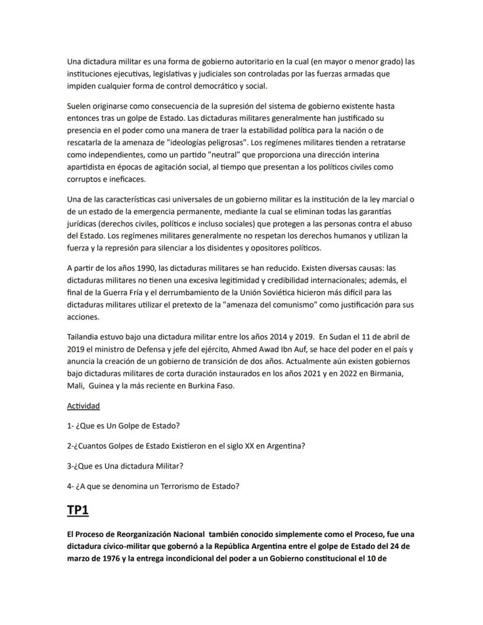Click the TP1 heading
click(78, 510)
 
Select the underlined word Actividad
click(83, 406)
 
